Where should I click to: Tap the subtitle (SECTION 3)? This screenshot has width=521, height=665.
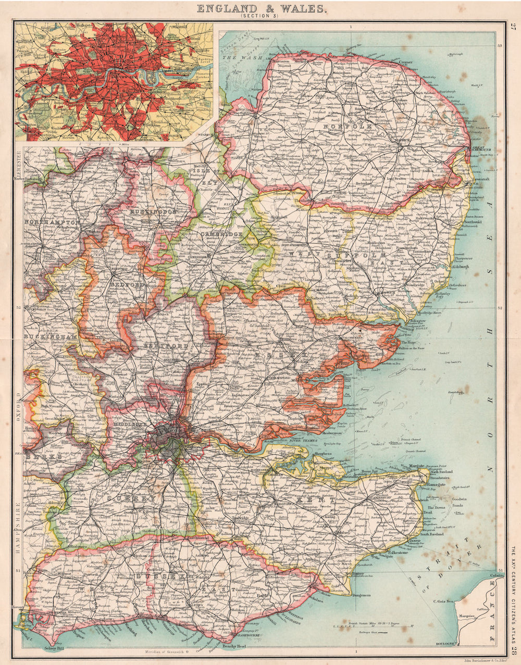pyautogui.click(x=260, y=17)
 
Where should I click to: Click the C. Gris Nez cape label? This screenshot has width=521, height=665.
pyautogui.click(x=444, y=602)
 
